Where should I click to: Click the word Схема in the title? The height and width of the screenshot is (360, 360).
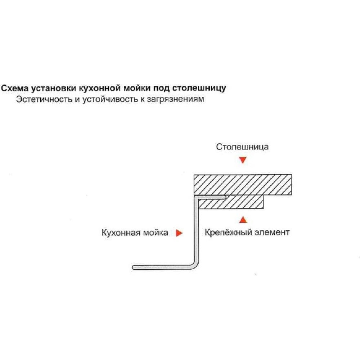[x=15, y=88]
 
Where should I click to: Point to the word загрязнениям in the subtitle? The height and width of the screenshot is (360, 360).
[x=175, y=99]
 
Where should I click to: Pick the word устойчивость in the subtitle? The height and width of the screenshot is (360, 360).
[x=110, y=99]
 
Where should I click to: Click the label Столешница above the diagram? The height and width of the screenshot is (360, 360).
[x=242, y=147]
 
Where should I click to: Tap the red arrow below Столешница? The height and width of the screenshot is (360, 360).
[x=243, y=160]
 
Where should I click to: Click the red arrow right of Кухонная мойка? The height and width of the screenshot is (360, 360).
[x=179, y=233]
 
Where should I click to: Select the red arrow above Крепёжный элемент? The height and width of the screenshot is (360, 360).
[x=243, y=220]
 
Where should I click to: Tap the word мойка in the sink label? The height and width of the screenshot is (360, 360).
[x=156, y=233]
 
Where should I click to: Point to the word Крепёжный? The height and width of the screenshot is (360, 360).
[x=227, y=232]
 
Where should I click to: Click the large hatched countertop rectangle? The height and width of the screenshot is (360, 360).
[x=243, y=185]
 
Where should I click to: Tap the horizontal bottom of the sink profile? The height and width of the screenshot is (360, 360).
[x=163, y=267]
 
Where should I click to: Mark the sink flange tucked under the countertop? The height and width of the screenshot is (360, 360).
[x=211, y=197]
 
